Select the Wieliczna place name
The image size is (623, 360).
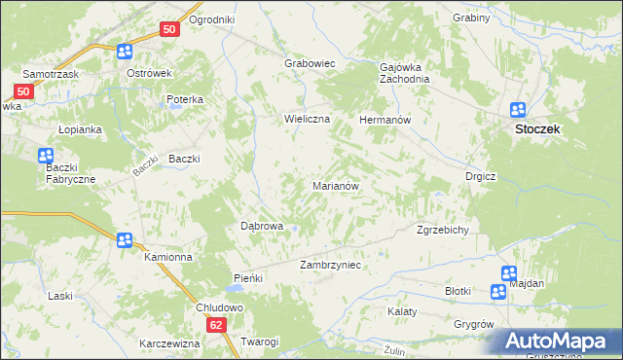click(308, 119)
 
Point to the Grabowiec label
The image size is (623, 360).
click(310, 63)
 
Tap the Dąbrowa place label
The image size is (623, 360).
click(261, 226)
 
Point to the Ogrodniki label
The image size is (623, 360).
click(212, 19)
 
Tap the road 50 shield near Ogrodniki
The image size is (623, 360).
click(169, 30)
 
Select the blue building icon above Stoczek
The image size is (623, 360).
click(519, 111)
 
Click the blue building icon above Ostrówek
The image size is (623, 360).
click(124, 53)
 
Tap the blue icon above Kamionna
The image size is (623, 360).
click(124, 240)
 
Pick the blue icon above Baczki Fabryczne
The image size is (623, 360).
click(46, 156)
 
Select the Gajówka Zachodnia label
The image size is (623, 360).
click(404, 73)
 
